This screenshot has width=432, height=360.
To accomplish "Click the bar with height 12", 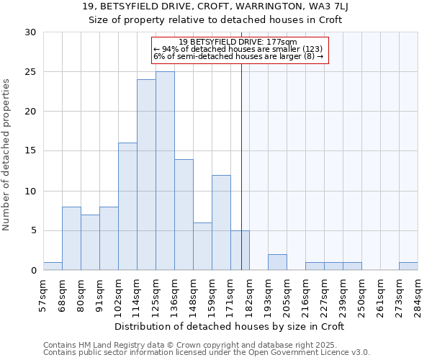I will point(221,222).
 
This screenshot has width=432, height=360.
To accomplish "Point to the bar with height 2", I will point(277,263).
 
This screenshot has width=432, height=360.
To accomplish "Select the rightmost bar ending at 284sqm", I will point(408,266).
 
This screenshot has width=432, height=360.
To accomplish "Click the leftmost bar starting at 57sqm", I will point(53,266).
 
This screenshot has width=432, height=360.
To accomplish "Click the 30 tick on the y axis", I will point(30,32).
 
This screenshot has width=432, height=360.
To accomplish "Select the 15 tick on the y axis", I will point(30,151).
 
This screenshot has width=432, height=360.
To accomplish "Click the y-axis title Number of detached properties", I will point(7,155).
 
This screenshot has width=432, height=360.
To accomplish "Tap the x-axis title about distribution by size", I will point(230,326).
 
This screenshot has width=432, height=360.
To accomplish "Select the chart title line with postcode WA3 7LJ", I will point(215,6).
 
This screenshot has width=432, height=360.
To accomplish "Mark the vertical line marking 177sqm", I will point(241,166).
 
